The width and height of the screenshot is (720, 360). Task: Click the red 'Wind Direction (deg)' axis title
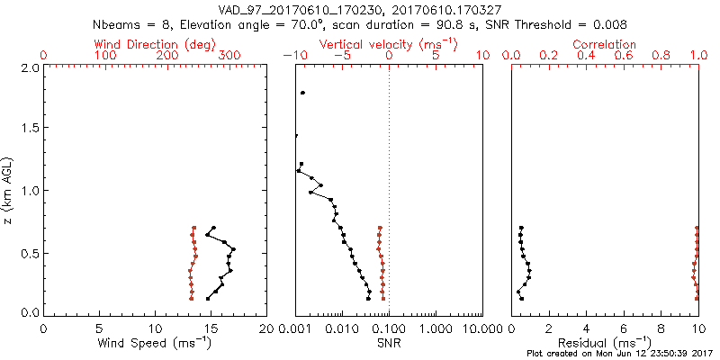154,44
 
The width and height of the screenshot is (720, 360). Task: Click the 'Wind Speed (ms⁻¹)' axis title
154,343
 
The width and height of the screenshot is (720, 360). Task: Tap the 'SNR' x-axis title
388,343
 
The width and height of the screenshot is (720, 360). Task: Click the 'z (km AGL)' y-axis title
9,191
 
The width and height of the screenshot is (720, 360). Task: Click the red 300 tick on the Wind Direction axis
229,56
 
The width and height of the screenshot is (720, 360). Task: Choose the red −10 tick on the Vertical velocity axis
294,56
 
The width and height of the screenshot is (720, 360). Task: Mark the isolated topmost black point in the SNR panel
303,93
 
